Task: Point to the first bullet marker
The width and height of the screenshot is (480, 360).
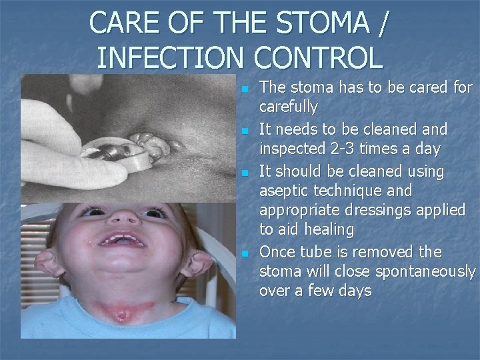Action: [245, 88]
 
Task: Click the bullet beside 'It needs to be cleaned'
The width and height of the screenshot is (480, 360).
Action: [245, 129]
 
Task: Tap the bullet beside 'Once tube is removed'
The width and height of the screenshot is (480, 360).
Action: [245, 253]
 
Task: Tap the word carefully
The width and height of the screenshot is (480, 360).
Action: [288, 107]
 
